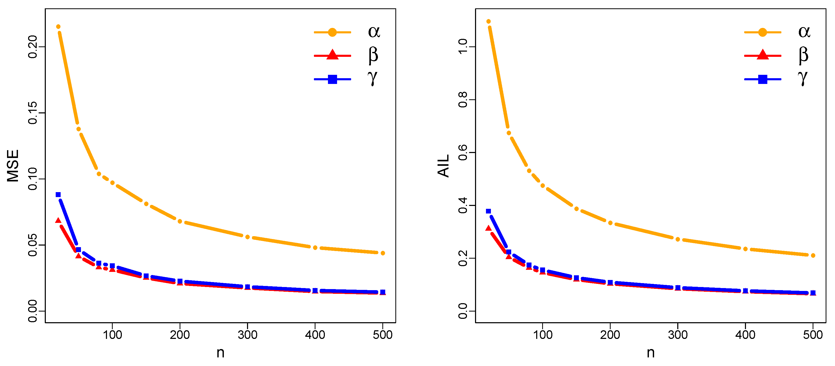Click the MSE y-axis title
13,166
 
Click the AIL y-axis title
443,166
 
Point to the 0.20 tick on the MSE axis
33,47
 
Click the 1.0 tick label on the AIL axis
463,47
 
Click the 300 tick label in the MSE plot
247,335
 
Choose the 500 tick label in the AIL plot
813,335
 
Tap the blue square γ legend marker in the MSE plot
332,79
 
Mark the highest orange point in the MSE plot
58,27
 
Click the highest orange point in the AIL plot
489,21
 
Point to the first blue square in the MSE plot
58,194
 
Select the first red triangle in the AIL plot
489,228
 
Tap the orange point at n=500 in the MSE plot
383,253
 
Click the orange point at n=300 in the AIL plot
678,239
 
